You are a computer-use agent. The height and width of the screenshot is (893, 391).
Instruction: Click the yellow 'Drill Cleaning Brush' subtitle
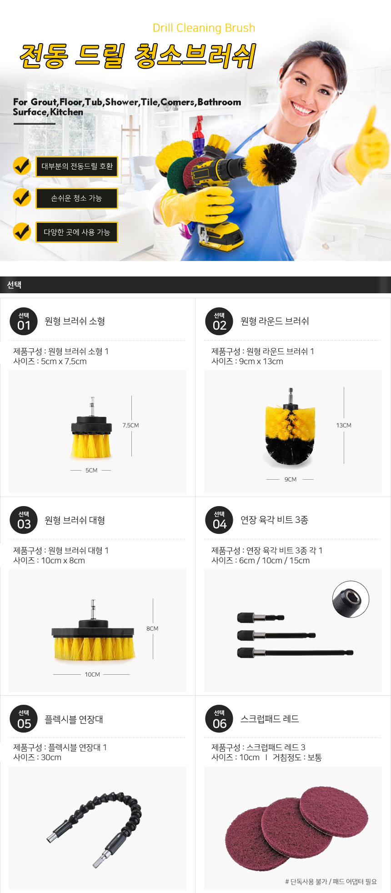204,28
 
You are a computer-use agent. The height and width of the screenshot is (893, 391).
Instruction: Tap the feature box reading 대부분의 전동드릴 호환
77,166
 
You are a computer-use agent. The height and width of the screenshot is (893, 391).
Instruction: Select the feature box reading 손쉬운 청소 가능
77,198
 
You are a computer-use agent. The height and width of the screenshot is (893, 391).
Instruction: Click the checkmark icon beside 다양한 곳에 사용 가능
21,231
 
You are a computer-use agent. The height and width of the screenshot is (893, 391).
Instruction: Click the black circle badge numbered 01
24,321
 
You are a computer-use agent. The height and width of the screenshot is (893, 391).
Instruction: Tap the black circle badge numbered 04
219,520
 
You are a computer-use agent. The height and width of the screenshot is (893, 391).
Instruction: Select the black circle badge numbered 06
219,719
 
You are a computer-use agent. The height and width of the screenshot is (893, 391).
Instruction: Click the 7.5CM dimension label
130,425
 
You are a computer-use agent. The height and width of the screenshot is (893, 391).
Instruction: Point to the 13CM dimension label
344,425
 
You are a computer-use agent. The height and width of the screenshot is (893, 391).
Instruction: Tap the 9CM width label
291,479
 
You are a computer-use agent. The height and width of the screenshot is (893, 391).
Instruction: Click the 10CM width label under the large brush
92,674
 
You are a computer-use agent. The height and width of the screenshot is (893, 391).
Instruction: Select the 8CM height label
152,628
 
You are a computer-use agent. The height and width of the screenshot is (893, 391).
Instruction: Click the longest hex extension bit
295,653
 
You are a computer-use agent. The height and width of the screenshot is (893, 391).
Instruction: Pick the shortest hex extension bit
261,617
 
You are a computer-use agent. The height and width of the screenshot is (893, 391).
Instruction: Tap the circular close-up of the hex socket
351,599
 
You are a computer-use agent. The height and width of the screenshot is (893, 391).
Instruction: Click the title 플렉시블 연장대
74,719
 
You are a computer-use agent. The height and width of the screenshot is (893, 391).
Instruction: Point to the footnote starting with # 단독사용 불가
331,882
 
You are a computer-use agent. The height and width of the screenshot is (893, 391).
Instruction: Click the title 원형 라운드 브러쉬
275,321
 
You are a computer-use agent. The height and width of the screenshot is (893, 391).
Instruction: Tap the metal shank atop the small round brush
92,406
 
